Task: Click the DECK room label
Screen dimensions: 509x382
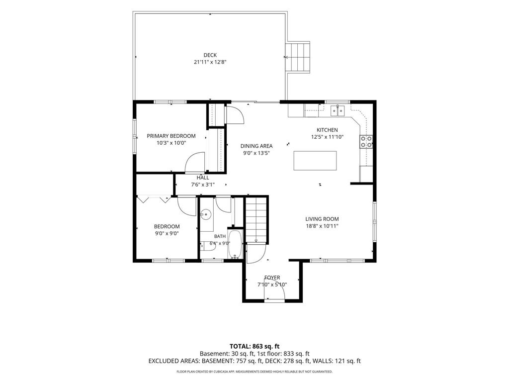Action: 210,55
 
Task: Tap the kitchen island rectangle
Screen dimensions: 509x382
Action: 315,161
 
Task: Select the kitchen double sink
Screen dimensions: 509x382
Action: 338,111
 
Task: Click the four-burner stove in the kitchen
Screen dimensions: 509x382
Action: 366,141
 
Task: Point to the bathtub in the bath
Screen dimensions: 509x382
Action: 235,244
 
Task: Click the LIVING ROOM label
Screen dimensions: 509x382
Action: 322,219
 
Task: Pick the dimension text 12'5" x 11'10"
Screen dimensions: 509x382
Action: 327,137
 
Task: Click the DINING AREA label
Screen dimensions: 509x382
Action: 256,146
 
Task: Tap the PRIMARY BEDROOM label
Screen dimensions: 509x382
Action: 171,136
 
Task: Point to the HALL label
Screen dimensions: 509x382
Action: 203,178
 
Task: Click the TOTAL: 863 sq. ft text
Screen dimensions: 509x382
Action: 254,346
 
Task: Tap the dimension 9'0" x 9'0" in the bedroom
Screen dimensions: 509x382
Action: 167,233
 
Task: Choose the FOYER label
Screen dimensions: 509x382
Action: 272,278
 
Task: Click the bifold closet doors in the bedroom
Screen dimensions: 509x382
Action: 154,199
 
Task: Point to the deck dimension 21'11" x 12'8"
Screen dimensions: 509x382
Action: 210,62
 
